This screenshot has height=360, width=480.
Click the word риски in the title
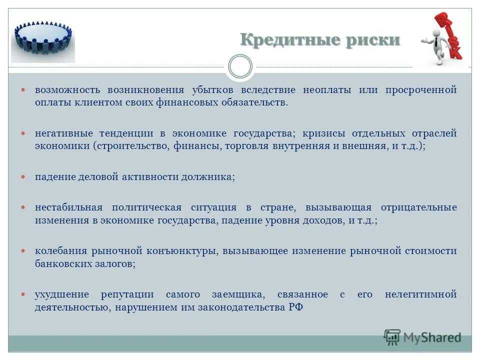click(x=372, y=40)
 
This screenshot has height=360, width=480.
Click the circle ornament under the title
click(x=240, y=66)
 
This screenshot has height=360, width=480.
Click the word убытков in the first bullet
click(x=209, y=90)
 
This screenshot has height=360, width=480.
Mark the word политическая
click(x=145, y=207)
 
